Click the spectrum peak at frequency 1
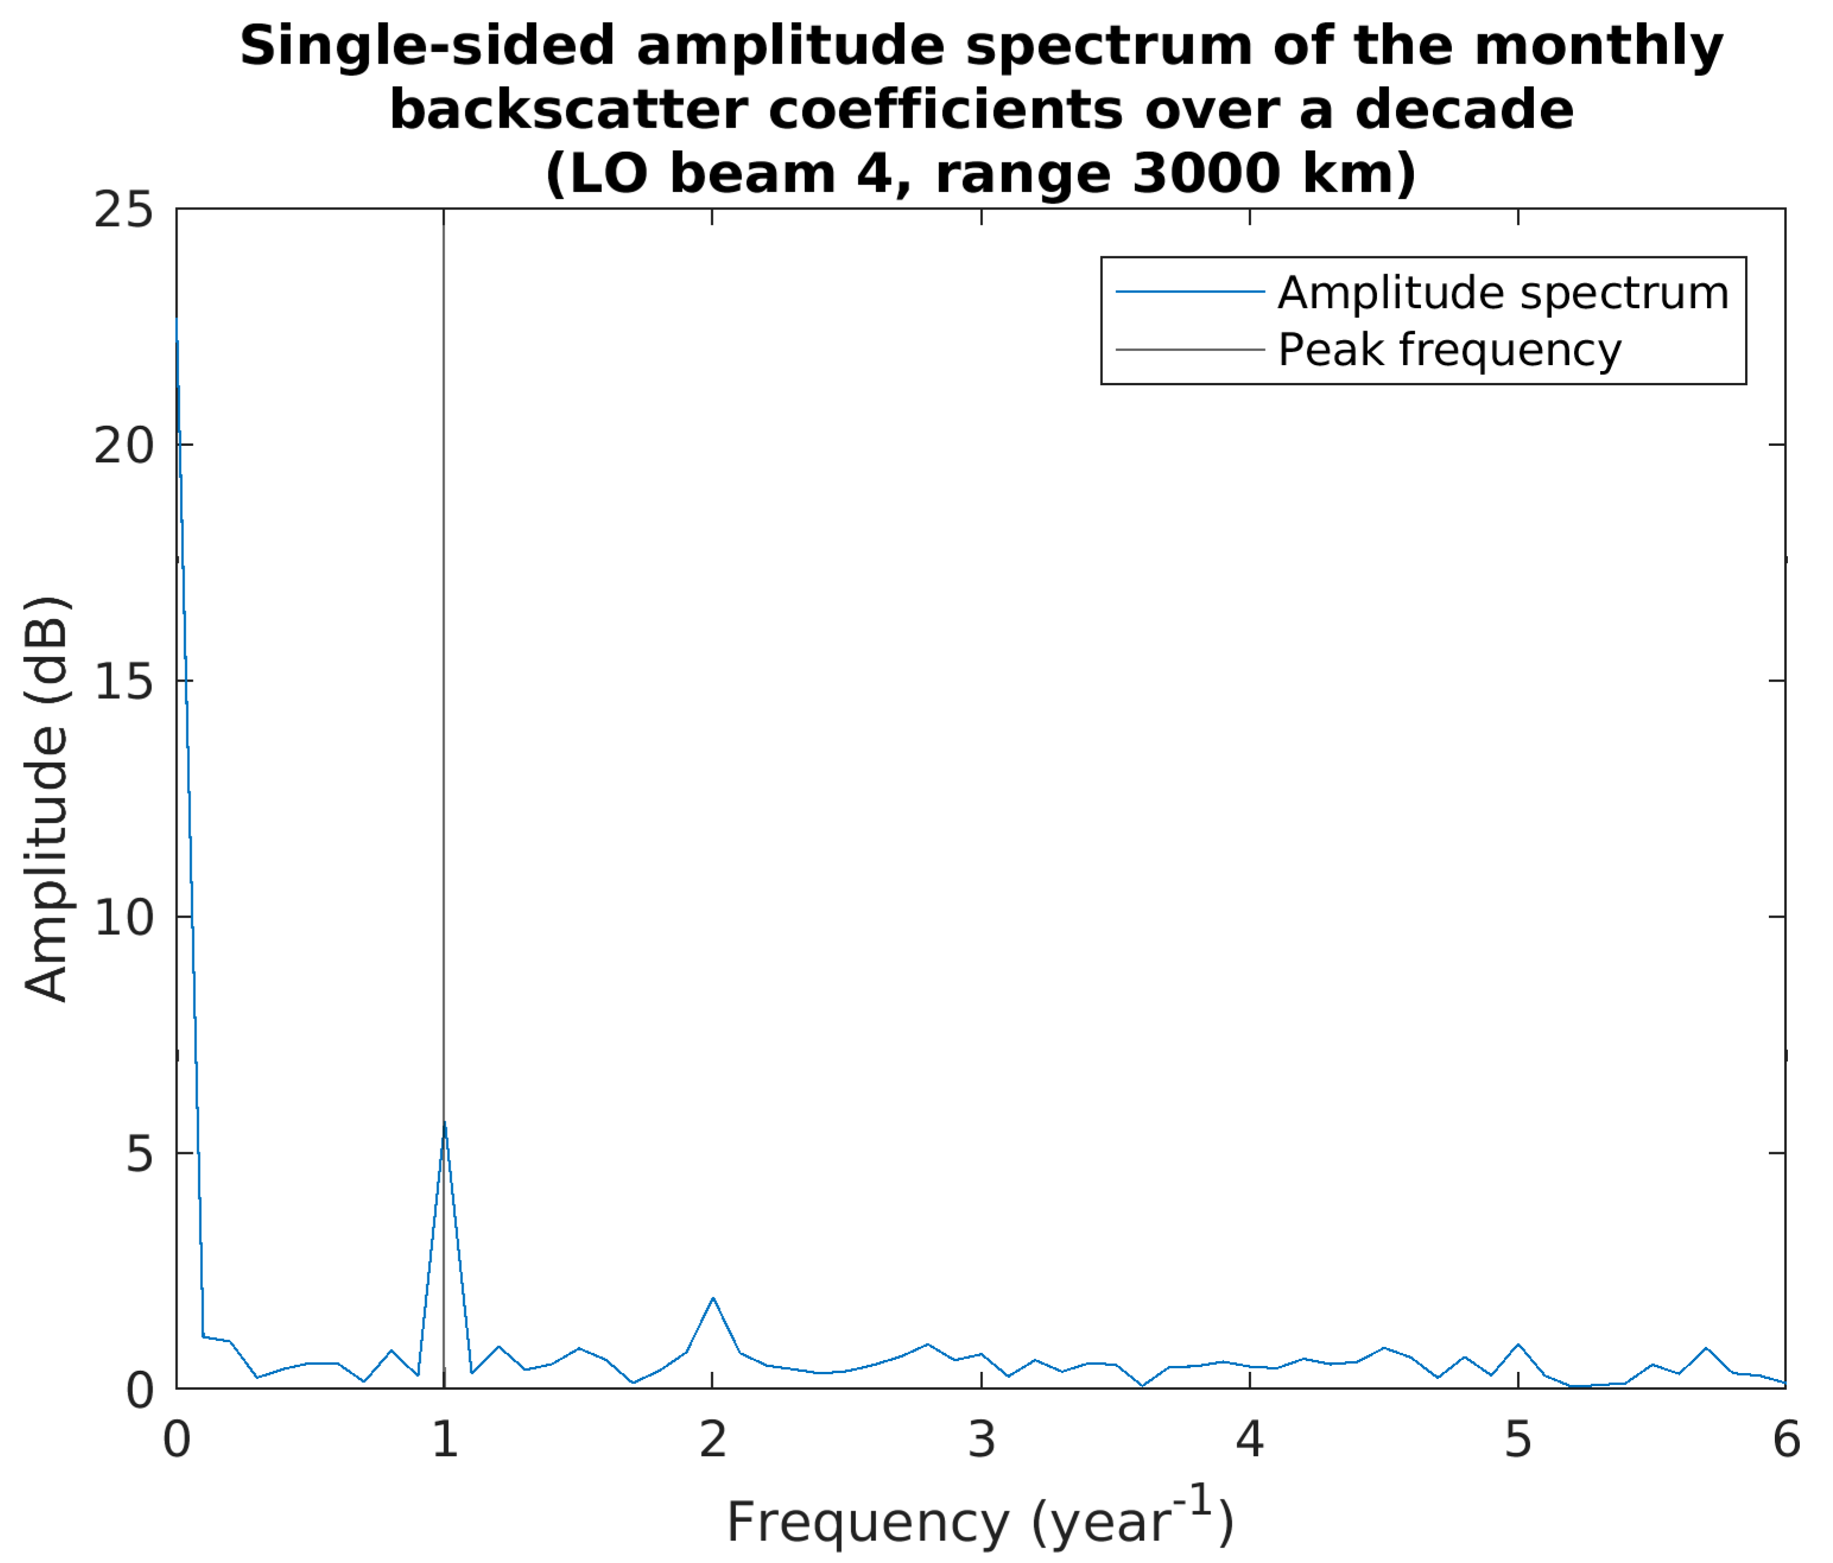tap(444, 1123)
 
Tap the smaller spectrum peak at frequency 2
tap(713, 1298)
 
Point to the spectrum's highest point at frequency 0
tap(177, 320)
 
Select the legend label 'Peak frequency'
tap(1449, 350)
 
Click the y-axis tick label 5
tap(139, 1153)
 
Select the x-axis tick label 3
tap(982, 1440)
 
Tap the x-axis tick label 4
tap(1249, 1440)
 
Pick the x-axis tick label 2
tap(713, 1440)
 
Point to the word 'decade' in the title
tap(1464, 110)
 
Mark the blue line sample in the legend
tap(1190, 292)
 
